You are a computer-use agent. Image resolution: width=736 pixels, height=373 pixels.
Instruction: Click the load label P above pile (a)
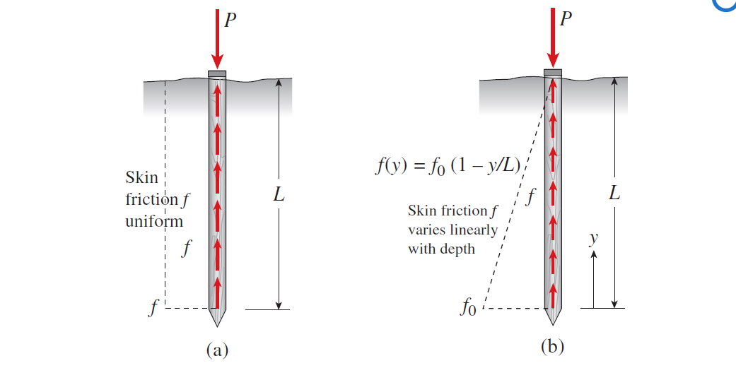[230, 20]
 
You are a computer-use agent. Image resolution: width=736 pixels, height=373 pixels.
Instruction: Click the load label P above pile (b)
[566, 19]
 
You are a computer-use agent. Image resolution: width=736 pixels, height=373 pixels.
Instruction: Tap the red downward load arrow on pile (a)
[217, 39]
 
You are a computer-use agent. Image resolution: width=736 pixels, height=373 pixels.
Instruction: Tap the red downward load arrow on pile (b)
[553, 38]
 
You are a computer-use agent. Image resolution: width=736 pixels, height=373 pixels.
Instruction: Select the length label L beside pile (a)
[279, 194]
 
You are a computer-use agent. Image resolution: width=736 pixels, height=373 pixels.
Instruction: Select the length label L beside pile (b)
[615, 192]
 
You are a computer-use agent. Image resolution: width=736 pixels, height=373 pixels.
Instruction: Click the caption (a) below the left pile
[217, 350]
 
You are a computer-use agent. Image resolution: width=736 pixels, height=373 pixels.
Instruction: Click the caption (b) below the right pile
[552, 347]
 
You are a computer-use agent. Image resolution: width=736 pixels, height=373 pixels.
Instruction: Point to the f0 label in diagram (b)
[469, 308]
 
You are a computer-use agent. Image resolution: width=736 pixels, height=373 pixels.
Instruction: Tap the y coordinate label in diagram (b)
[594, 239]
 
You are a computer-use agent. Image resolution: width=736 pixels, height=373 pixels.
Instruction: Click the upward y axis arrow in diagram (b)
[593, 280]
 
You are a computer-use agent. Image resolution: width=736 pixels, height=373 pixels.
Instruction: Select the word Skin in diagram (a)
[141, 177]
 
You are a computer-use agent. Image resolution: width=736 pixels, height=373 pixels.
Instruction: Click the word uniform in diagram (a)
[154, 221]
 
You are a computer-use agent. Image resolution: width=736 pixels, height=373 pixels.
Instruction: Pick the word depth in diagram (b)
[457, 249]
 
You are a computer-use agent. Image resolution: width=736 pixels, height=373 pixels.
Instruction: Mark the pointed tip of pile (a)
[217, 326]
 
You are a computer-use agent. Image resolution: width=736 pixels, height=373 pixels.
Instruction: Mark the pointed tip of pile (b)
[553, 325]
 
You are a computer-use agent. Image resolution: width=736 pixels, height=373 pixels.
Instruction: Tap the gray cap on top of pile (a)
[217, 73]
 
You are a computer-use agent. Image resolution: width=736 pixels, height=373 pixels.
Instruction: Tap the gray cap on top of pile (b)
[553, 72]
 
